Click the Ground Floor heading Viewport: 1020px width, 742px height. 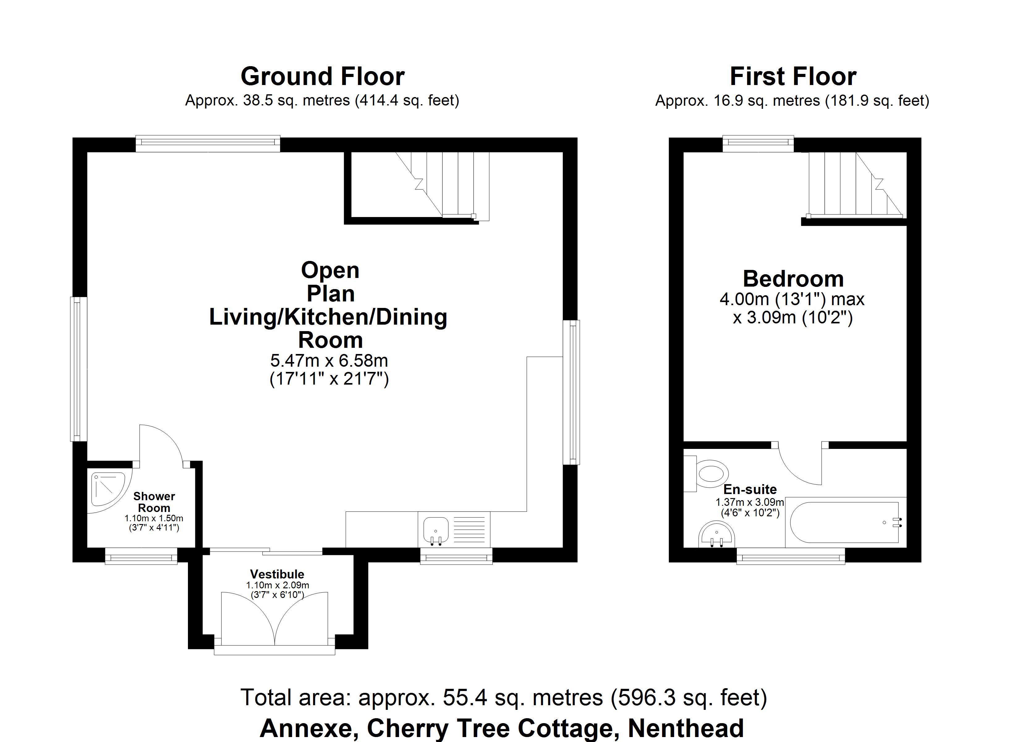coord(322,76)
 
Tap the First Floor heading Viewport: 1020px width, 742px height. coord(793,76)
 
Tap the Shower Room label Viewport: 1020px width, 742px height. coord(154,502)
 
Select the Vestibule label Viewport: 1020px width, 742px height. coord(277,574)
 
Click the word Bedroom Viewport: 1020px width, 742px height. coord(793,279)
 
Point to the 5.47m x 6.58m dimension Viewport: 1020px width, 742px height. coord(329,360)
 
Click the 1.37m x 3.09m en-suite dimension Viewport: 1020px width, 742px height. coord(750,502)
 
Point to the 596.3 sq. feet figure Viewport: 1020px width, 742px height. coord(688,698)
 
